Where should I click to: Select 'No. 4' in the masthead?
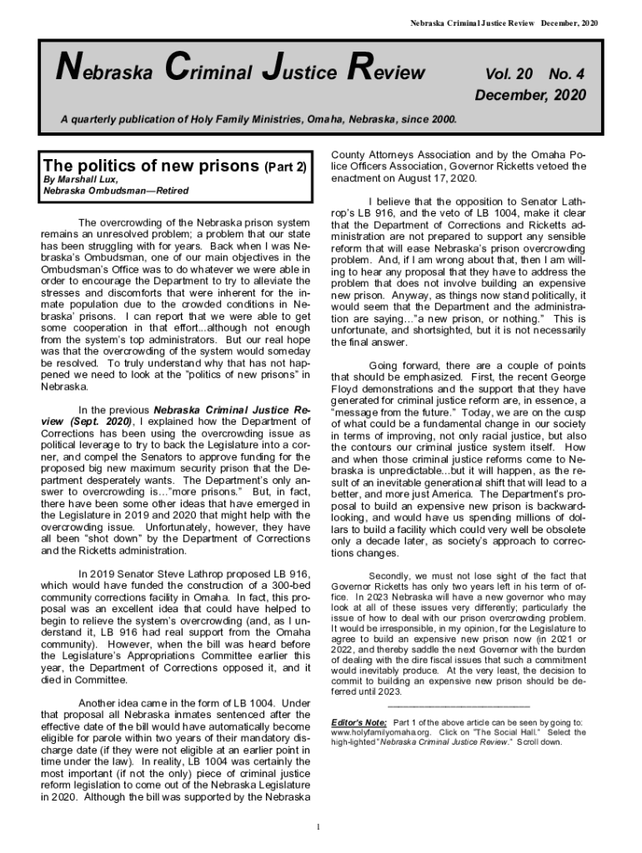coord(567,75)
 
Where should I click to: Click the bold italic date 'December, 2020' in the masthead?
coord(530,95)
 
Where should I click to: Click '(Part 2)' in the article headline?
coord(286,167)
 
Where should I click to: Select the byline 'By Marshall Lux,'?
coord(80,180)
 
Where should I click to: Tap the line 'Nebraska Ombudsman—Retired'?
coord(116,191)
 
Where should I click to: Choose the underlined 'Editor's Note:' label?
coord(359,721)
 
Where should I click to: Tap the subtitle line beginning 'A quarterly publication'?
coord(258,119)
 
